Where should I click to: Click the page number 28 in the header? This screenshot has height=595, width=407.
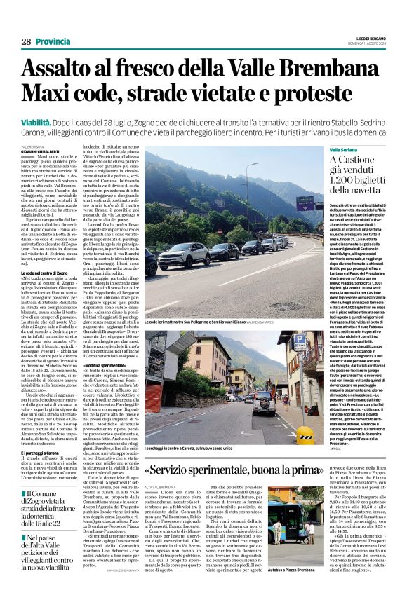26,42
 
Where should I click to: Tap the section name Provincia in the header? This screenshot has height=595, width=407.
53,42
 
